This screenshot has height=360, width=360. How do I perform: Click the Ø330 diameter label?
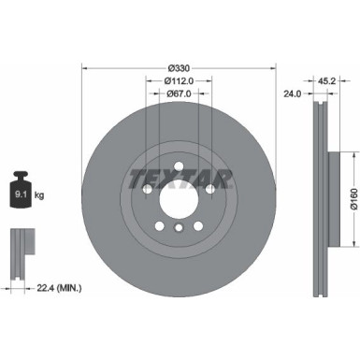180,68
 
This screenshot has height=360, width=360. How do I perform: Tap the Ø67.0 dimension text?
180,94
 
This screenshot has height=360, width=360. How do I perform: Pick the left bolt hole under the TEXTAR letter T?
149,190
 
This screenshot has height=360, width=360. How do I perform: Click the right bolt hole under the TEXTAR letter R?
210,190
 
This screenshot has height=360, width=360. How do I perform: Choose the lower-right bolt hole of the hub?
199,225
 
